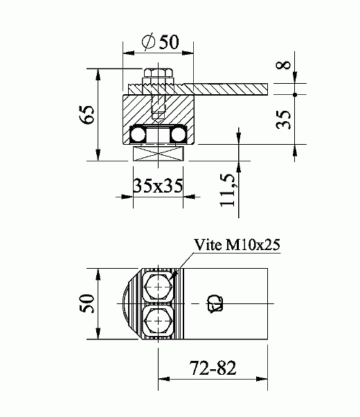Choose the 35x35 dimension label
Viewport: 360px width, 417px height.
159,186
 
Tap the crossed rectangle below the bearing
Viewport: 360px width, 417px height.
159,154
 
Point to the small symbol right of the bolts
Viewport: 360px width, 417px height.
214,302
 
